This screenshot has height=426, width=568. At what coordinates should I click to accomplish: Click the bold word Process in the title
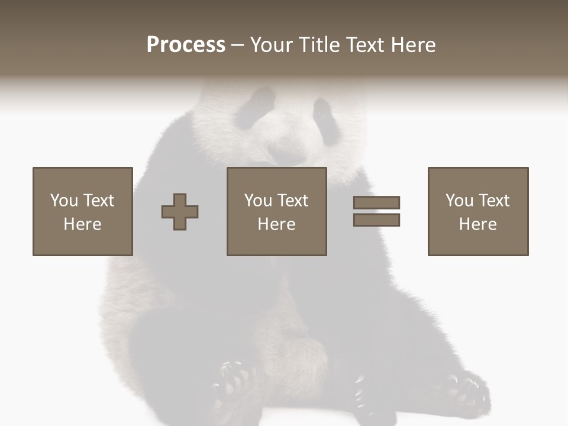(186, 45)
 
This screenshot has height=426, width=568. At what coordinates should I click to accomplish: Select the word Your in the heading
(271, 45)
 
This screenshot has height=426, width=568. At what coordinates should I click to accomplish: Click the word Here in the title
(412, 45)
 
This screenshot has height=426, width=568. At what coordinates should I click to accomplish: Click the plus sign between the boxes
(180, 212)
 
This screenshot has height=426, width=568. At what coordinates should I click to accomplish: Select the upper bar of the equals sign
(376, 202)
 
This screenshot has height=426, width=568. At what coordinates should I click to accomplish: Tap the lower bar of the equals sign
(376, 220)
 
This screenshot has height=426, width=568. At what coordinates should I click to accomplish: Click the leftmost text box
(83, 211)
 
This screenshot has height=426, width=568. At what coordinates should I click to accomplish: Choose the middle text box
(276, 211)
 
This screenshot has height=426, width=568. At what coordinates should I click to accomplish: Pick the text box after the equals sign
(478, 211)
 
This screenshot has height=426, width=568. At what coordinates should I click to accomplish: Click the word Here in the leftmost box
(83, 224)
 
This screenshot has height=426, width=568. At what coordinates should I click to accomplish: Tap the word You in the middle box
(258, 201)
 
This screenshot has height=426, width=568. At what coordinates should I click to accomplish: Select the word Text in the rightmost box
(493, 201)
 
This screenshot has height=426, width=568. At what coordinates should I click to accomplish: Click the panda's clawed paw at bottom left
(234, 382)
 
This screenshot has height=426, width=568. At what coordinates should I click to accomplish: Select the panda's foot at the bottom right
(467, 390)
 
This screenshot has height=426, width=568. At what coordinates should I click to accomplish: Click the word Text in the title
(365, 45)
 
